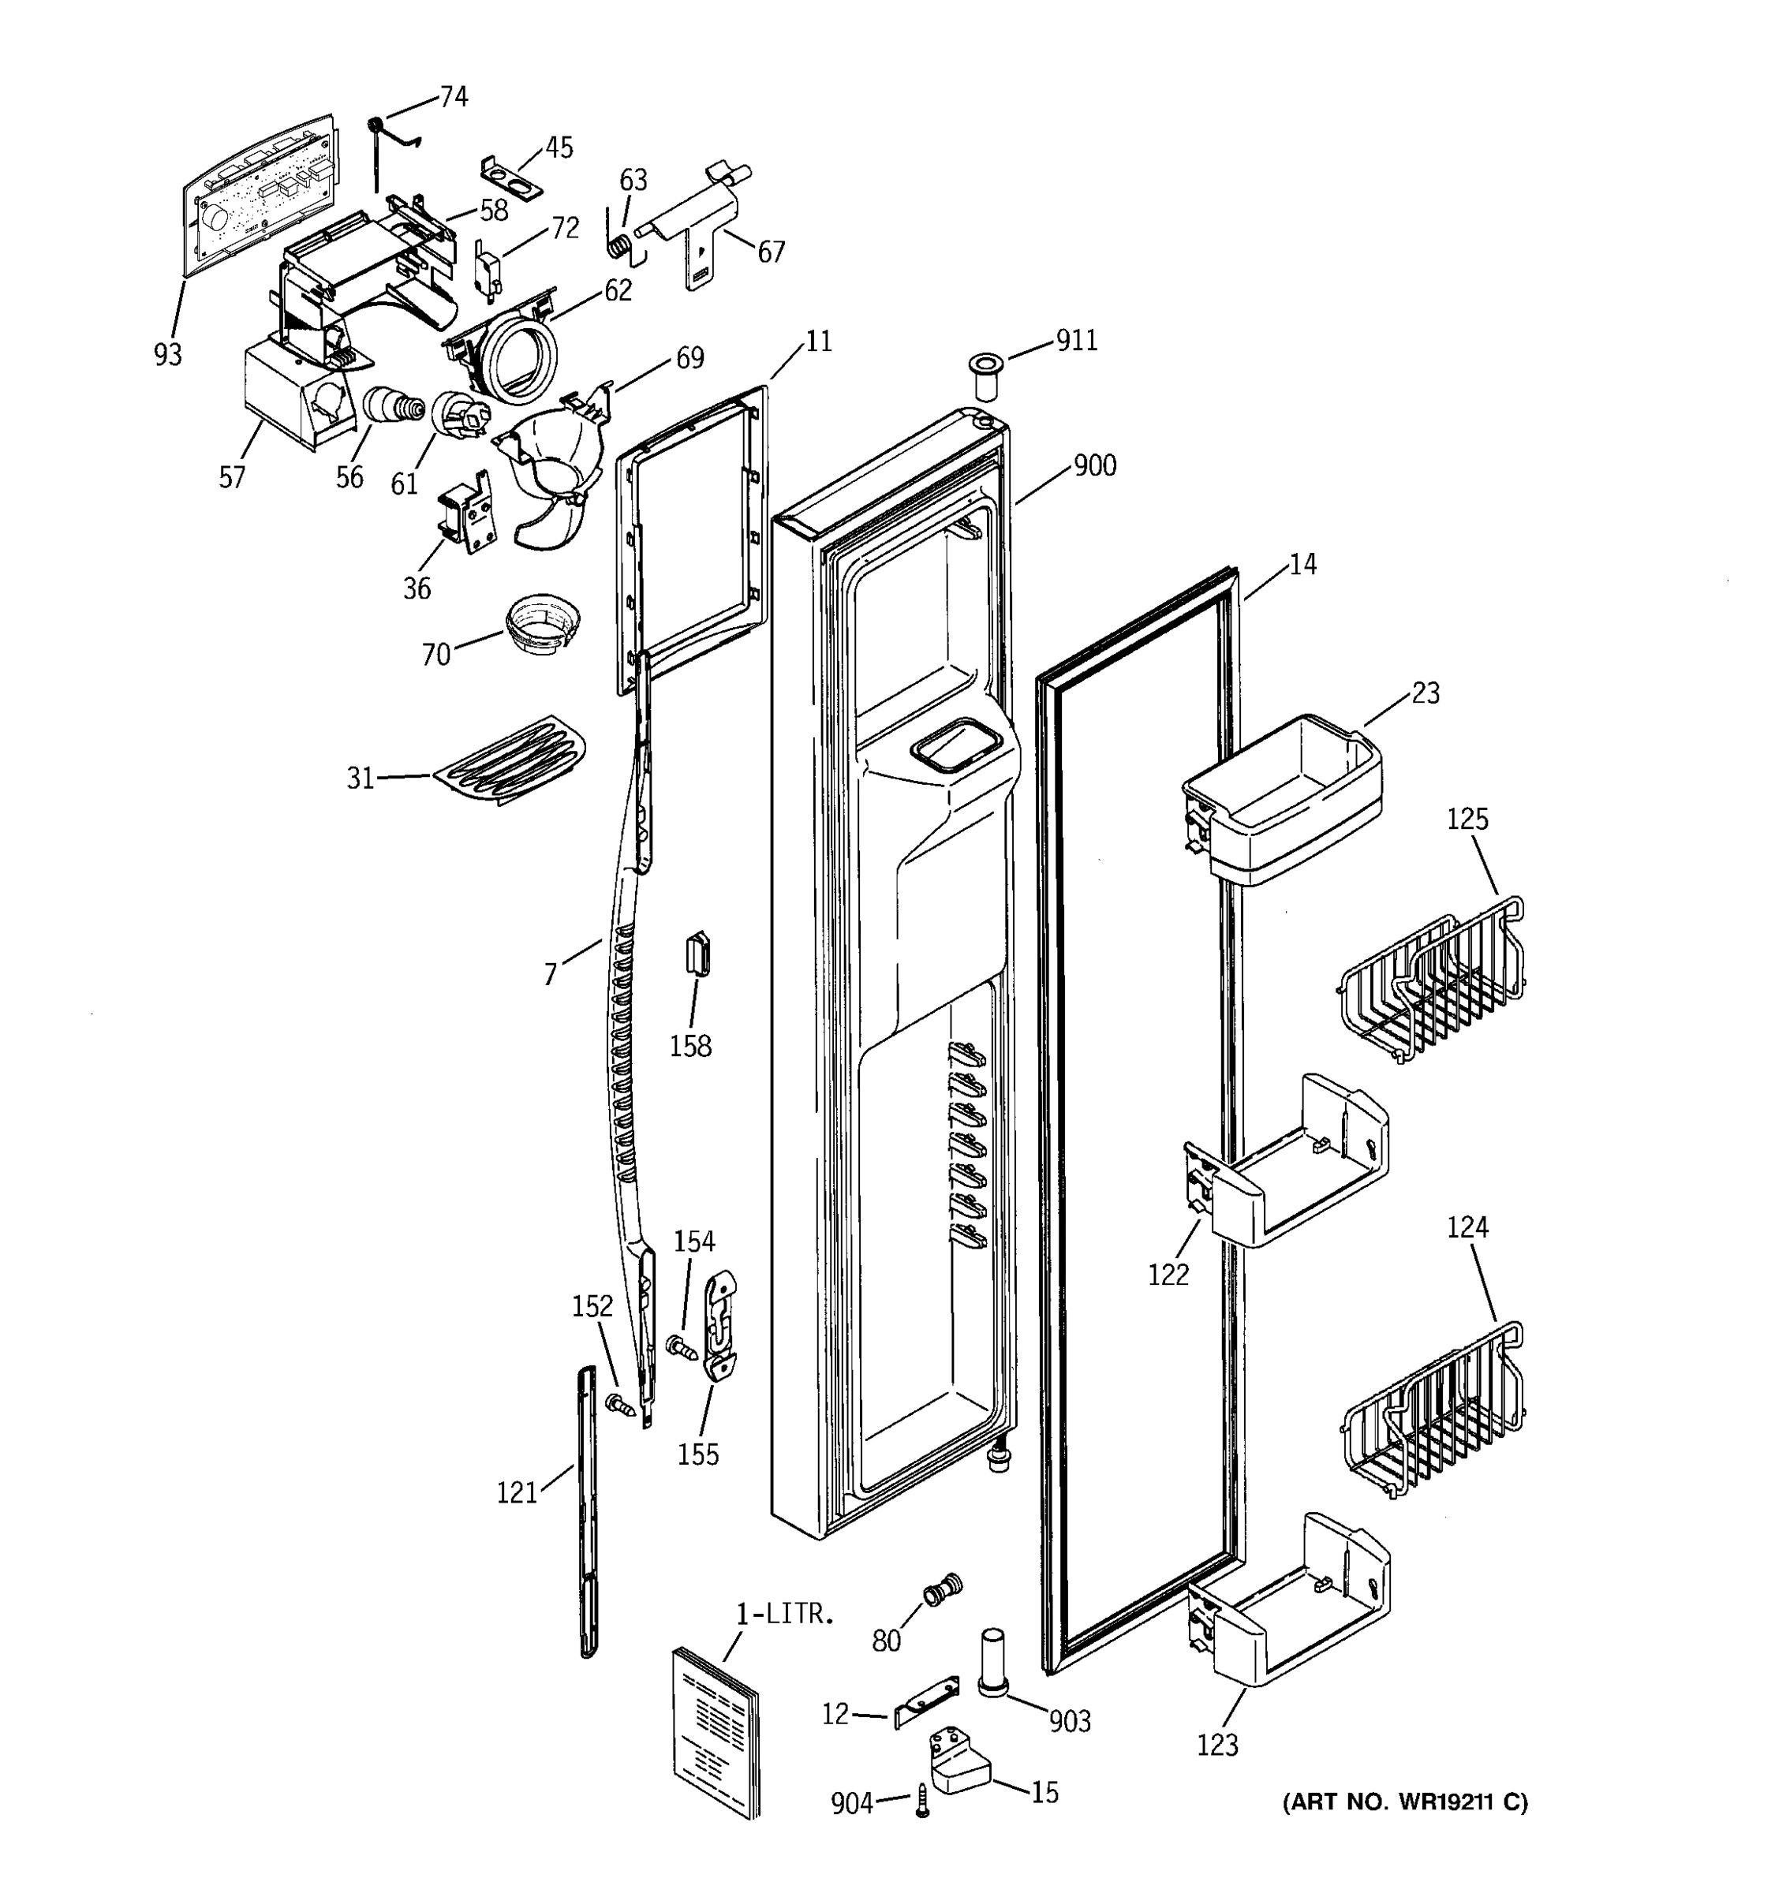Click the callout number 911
(1077, 341)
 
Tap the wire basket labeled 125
(1432, 980)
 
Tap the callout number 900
(1094, 465)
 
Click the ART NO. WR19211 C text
(1403, 1802)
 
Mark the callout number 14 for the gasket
(1302, 565)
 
